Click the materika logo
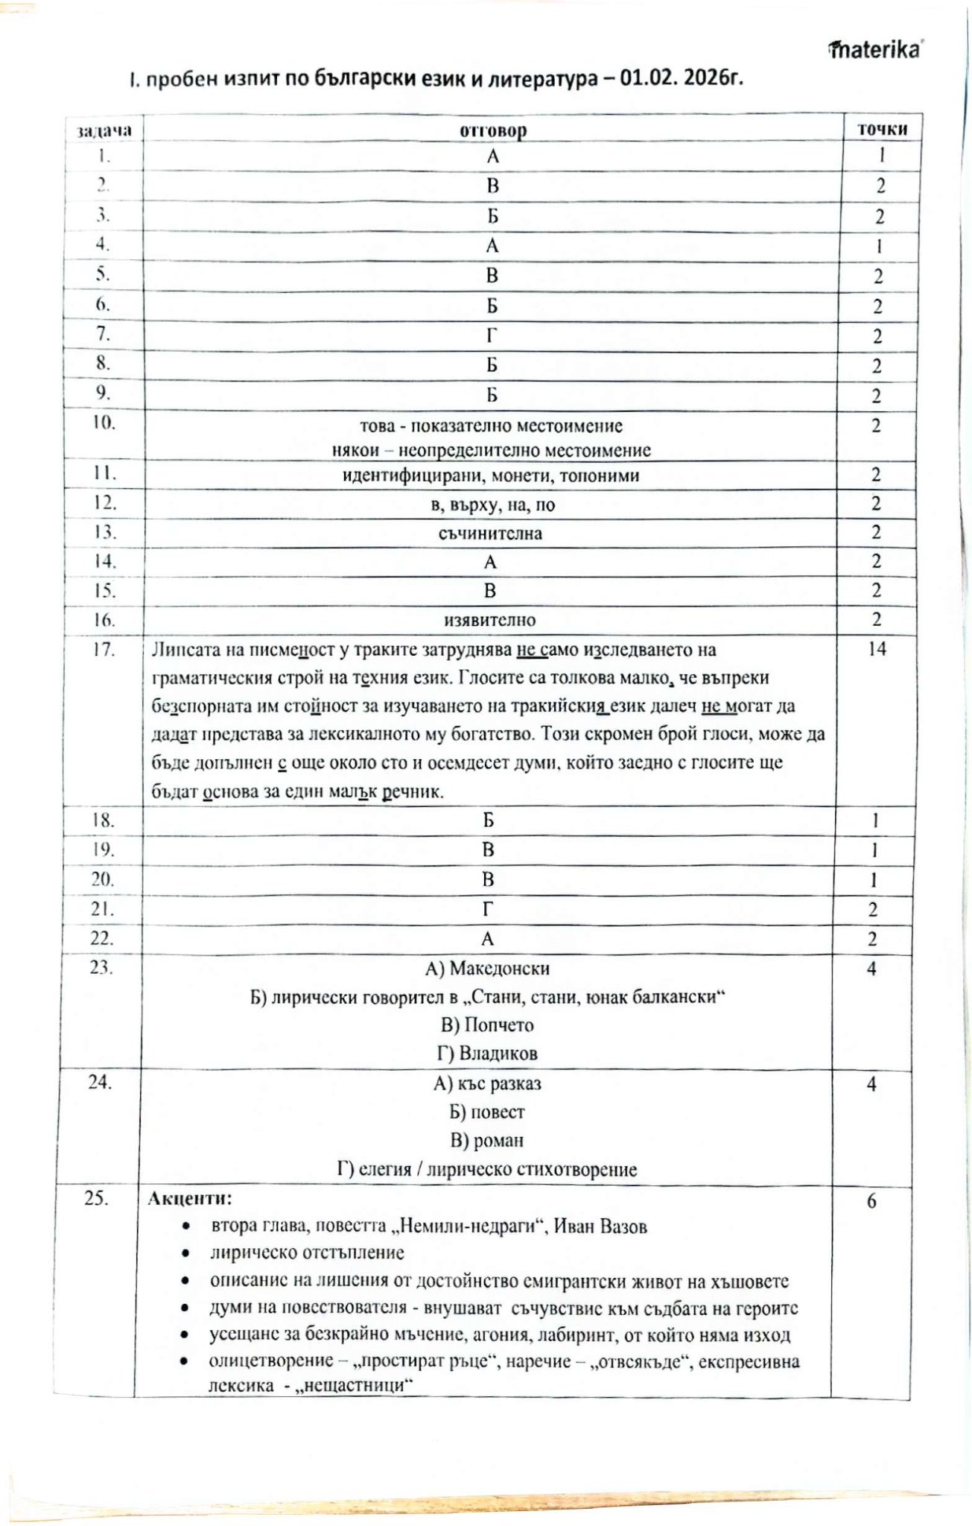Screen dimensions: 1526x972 click(875, 50)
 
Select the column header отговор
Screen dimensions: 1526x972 click(493, 131)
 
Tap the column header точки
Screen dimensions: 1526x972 click(883, 129)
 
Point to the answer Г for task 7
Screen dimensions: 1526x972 click(492, 336)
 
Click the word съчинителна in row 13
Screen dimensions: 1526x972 click(490, 534)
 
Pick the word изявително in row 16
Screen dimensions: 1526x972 click(490, 620)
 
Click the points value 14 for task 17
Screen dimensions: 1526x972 click(877, 649)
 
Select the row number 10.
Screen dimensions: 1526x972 click(104, 422)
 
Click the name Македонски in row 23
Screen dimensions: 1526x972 click(499, 969)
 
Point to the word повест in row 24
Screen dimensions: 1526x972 click(498, 1112)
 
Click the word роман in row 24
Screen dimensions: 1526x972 click(498, 1140)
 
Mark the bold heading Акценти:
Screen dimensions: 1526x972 click(190, 1198)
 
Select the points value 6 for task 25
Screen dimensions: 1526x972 click(871, 1201)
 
